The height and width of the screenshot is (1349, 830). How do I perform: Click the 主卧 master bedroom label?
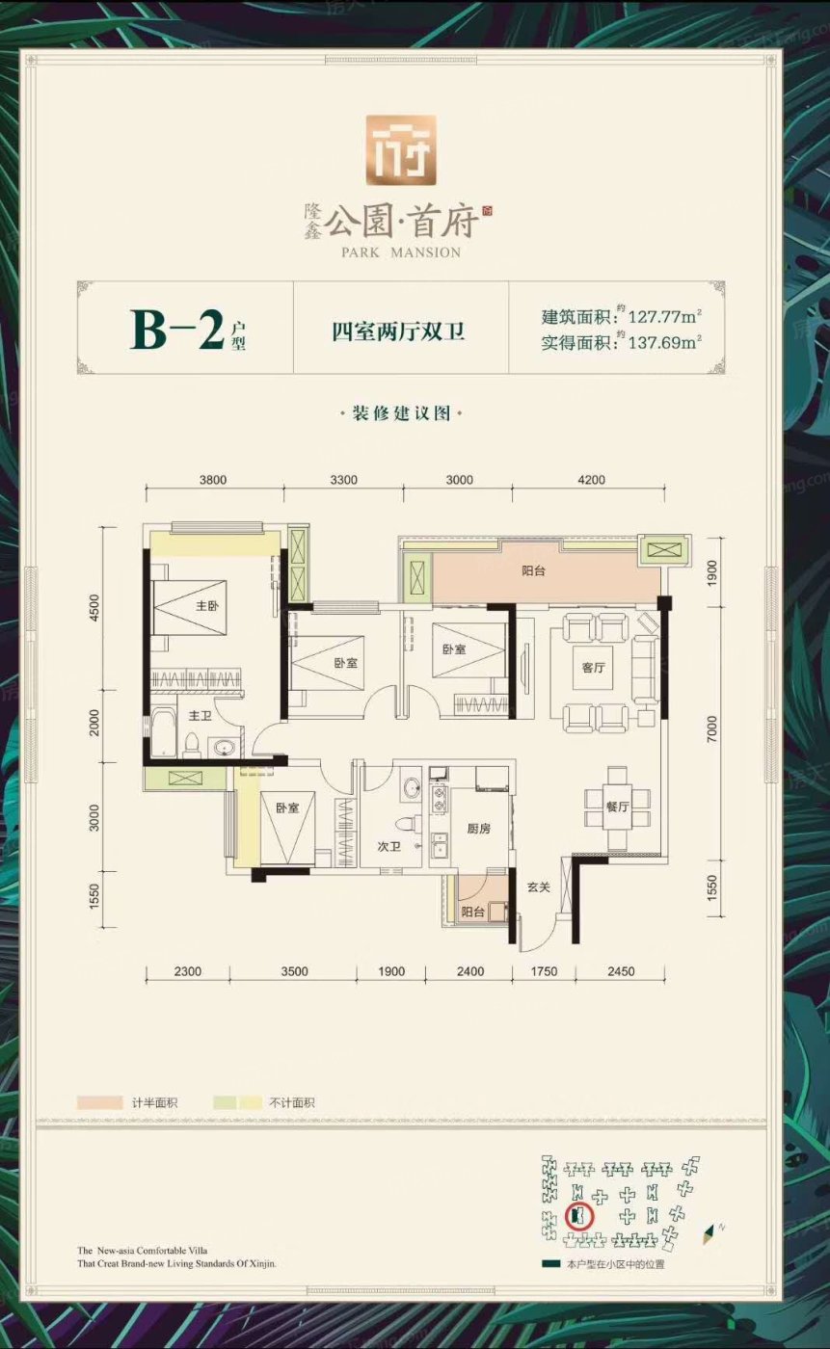(206, 606)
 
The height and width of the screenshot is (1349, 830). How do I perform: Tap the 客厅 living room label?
(593, 667)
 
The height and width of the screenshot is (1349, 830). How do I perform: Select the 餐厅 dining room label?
(617, 807)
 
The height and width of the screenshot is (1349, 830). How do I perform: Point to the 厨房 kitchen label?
(479, 828)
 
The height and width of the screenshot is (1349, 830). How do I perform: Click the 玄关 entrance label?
(539, 886)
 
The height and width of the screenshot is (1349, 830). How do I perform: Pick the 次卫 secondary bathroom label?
(389, 846)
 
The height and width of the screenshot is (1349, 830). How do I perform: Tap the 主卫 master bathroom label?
(200, 715)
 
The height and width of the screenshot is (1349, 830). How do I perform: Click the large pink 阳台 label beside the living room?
(534, 570)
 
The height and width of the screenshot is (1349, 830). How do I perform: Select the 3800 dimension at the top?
(213, 480)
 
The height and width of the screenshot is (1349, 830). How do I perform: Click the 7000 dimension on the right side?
(712, 729)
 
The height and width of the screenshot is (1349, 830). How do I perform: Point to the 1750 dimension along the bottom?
(544, 971)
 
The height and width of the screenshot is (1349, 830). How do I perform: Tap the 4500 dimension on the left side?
(94, 608)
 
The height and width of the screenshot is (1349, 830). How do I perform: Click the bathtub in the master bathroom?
(162, 732)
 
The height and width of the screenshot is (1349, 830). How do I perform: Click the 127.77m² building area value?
(665, 316)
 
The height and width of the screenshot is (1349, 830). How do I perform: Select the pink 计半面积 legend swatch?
(99, 1102)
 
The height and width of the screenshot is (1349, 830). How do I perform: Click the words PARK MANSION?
(401, 252)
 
